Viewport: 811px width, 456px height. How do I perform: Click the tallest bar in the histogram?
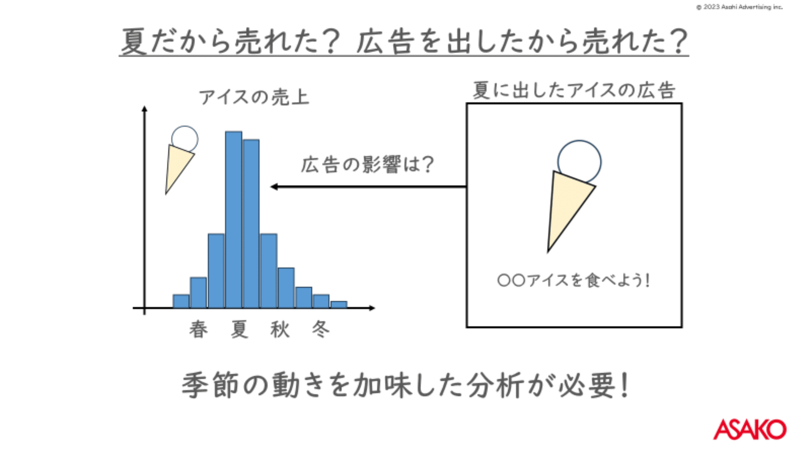tap(234, 220)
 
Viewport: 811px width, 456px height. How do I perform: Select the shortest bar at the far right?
tap(339, 304)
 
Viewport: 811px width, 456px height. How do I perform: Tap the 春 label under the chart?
tap(199, 329)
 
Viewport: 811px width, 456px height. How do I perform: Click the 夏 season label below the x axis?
tap(239, 329)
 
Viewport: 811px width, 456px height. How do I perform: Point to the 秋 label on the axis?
tap(280, 329)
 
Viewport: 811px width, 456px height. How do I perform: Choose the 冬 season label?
tap(321, 329)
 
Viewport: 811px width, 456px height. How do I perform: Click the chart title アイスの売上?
tap(254, 97)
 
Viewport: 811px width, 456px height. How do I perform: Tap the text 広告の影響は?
tap(367, 164)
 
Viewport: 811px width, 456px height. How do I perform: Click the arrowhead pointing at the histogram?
tap(274, 187)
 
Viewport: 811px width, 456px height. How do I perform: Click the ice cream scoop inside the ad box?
tap(580, 161)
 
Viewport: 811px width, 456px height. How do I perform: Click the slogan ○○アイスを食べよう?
tap(574, 280)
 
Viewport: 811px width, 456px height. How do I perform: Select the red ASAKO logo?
tap(750, 429)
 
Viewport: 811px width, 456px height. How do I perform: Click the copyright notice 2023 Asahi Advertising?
tap(739, 7)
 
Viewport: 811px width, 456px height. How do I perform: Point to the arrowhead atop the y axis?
tap(144, 109)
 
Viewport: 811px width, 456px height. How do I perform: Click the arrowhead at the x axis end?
tap(372, 308)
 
